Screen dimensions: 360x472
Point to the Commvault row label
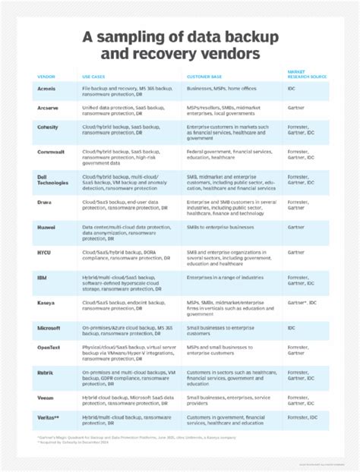pyautogui.click(x=51, y=152)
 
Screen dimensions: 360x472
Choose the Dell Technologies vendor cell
pyautogui.click(x=52, y=179)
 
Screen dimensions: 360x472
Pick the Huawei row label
pyautogui.click(x=47, y=225)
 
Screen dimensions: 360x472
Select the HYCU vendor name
pyautogui.click(x=44, y=250)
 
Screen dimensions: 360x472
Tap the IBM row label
pyautogui.click(x=42, y=278)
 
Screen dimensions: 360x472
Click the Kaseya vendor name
pyautogui.click(x=47, y=303)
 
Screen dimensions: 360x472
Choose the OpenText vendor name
pyautogui.click(x=50, y=348)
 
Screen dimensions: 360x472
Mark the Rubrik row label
pyautogui.click(x=46, y=373)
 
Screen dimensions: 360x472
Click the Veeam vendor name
pyautogui.click(x=46, y=397)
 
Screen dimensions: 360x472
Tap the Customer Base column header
pyautogui.click(x=204, y=76)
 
